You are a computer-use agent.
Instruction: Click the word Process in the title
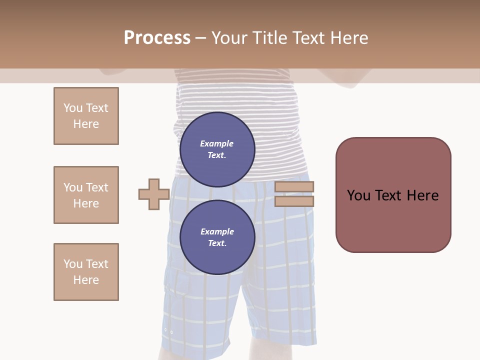[157, 38]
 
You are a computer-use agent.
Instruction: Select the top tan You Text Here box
[86, 116]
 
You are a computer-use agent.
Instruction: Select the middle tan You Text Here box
[86, 195]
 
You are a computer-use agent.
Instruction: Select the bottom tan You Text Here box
[86, 272]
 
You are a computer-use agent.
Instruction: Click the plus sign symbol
[154, 194]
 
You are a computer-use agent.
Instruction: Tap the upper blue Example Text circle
[217, 149]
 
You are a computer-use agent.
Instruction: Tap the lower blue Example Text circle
[217, 237]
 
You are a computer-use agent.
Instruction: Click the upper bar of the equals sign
[294, 187]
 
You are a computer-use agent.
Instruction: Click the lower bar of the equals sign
[294, 201]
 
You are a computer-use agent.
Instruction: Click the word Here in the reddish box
[422, 195]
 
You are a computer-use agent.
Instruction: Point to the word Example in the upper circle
[217, 143]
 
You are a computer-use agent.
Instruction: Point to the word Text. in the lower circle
[217, 243]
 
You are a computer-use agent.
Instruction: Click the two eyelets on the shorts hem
[168, 331]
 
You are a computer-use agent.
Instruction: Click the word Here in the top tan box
[86, 124]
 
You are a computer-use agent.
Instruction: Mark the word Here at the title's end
[349, 38]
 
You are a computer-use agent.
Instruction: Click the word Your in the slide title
[229, 38]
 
